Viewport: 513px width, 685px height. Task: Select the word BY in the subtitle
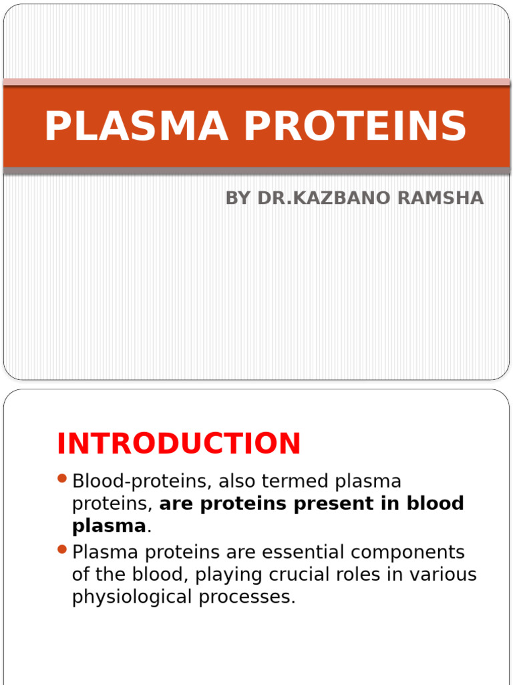pyautogui.click(x=238, y=198)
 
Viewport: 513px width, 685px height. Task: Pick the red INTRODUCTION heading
pyautogui.click(x=179, y=444)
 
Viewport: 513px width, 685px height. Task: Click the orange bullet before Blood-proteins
pyautogui.click(x=63, y=479)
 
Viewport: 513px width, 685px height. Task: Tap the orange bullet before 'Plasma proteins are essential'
pyautogui.click(x=63, y=550)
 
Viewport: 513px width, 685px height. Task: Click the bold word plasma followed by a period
pyautogui.click(x=108, y=526)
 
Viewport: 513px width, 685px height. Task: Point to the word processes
pyautogui.click(x=246, y=597)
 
